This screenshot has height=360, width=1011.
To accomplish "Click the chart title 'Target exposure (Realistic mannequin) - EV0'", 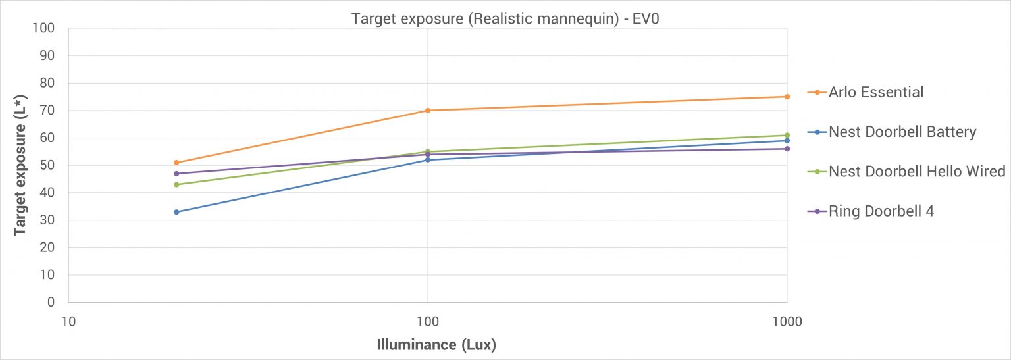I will pos(505,18).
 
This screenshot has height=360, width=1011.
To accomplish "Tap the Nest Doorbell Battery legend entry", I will pos(892,132).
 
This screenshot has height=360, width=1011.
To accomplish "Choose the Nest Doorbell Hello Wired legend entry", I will pos(906,172).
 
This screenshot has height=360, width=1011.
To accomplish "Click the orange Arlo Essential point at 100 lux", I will pos(428,111).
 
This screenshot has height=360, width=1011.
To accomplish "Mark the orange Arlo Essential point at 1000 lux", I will pos(787,97).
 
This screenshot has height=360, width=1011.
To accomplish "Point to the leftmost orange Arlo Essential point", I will pos(176,163).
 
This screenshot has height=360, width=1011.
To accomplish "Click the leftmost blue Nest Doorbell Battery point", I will pos(176,212).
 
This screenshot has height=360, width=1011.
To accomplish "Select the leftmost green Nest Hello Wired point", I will pos(176,184).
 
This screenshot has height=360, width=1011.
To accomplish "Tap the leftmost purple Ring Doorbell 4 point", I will pos(176,174).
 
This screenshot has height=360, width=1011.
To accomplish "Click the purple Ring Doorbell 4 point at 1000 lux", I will pos(787,149).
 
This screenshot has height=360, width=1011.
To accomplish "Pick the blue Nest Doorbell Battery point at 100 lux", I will pos(428,160).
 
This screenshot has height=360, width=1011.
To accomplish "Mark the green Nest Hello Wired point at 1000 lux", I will pos(787,135).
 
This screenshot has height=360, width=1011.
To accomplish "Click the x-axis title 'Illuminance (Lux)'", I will pos(436,344).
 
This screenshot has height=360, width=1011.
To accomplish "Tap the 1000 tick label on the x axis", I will pos(787,322).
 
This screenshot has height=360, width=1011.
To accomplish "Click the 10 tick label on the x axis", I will pos(68,322).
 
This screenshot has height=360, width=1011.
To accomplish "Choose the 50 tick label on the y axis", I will pos(47,165).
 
